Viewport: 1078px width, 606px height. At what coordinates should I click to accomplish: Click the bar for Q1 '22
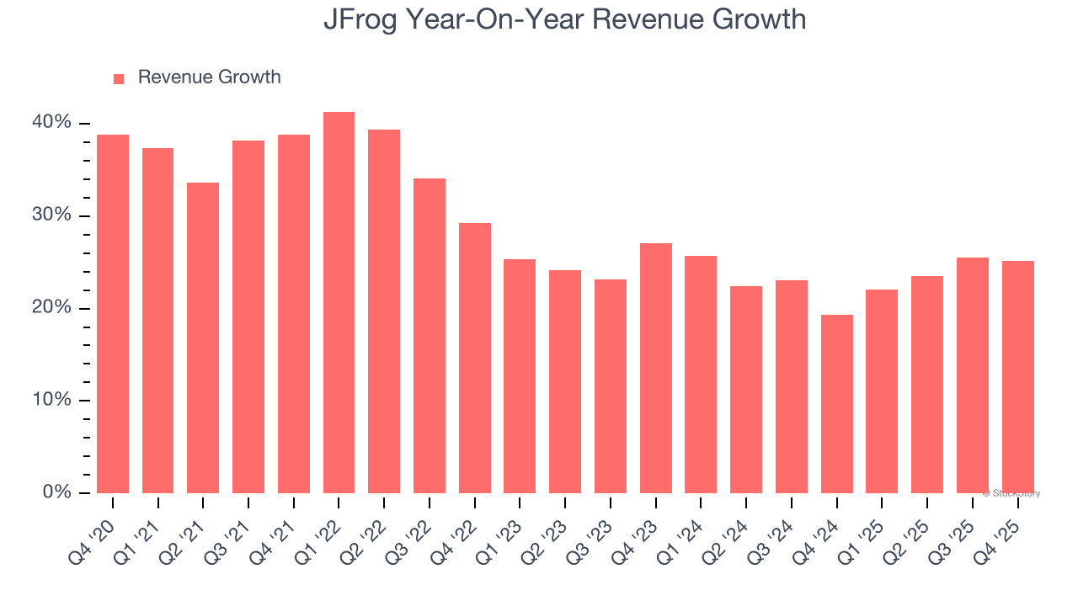pos(339,302)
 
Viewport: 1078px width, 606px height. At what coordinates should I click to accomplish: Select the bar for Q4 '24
pos(836,404)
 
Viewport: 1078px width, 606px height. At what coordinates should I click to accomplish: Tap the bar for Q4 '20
pos(113,314)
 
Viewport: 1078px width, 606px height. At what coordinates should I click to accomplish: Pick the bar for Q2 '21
pos(203,338)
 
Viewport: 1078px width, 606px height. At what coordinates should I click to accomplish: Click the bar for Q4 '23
pos(655,368)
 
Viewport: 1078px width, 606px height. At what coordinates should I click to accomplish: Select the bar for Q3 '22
pos(429,336)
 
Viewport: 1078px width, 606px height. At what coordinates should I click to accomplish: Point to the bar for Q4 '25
pos(1017,377)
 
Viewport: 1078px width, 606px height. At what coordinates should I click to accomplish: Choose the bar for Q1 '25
pos(882,391)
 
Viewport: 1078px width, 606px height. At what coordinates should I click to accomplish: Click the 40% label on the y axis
pos(52,123)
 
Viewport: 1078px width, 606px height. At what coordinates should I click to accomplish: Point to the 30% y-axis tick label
pos(52,215)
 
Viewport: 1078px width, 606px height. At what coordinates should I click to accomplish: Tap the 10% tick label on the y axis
pos(52,400)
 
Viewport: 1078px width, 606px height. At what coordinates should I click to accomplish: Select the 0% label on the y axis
pos(57,492)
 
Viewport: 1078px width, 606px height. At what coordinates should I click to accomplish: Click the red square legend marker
pos(119,78)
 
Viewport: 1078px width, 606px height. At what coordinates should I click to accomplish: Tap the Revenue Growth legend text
pos(209,77)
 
